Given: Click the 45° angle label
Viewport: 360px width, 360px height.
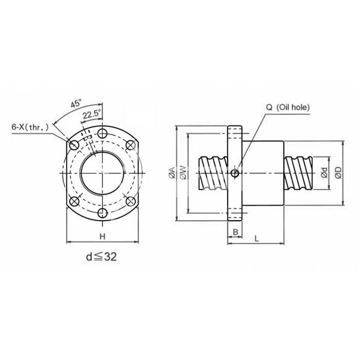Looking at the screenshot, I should (x=76, y=103).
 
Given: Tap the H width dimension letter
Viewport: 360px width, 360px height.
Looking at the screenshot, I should (x=102, y=236).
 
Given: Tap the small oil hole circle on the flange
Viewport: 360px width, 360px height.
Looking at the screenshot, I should (x=235, y=173).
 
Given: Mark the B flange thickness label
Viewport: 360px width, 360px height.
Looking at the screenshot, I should (x=235, y=232).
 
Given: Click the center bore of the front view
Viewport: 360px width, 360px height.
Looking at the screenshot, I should (x=102, y=172).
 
